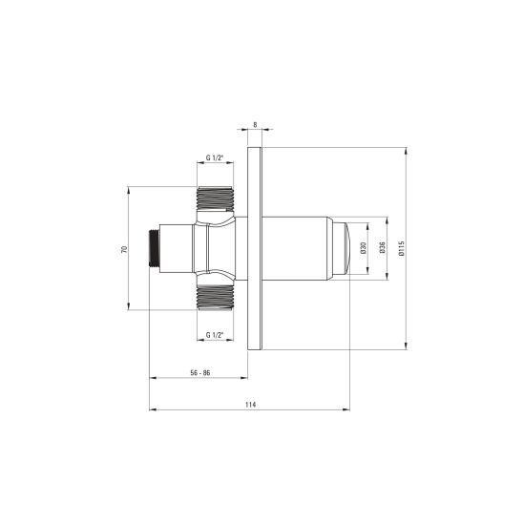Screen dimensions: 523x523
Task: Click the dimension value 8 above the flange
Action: coord(255,125)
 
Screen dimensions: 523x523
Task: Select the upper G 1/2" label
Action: coord(214,157)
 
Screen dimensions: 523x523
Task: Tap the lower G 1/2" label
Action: coord(214,335)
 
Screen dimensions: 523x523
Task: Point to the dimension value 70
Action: coord(124,249)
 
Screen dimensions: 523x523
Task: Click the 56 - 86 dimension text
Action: coord(200,372)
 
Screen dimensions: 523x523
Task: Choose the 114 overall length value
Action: coord(250,405)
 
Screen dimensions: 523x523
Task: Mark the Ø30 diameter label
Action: coord(364,248)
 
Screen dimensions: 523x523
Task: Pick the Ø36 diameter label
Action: coord(383,247)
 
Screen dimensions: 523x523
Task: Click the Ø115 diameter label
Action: coord(401,248)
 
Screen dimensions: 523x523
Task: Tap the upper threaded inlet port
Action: coord(215,199)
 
